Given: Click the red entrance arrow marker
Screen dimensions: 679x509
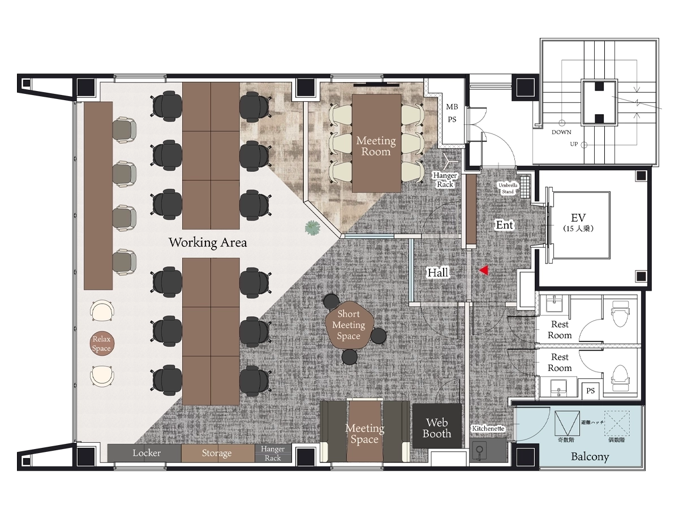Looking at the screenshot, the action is [x=484, y=270].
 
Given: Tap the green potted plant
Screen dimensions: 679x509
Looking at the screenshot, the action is [x=312, y=228].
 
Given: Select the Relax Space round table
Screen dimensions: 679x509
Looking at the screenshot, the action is [x=102, y=343].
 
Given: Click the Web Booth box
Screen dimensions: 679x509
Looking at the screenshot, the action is [x=437, y=425].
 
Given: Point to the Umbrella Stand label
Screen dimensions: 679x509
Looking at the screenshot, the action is [x=508, y=188].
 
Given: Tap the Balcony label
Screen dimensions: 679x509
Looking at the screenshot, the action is [x=590, y=456].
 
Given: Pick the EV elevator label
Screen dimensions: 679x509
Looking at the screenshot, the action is [x=578, y=218].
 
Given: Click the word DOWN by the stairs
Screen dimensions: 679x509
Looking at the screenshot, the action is [x=561, y=132].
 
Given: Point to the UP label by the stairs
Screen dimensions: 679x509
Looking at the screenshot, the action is [x=574, y=144].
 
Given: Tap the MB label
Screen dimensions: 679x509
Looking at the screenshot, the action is [x=452, y=107].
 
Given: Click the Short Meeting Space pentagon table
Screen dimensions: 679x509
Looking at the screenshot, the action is [x=349, y=325].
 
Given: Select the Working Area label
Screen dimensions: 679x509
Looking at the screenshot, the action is [x=208, y=243].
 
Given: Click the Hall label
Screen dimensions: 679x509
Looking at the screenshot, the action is [x=438, y=273].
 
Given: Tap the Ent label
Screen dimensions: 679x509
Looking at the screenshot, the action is [x=505, y=225].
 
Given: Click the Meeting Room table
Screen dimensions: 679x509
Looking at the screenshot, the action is [x=376, y=144].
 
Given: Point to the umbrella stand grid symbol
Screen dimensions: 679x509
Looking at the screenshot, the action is [x=525, y=187].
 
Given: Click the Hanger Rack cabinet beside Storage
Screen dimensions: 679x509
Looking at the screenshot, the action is [x=273, y=453].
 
